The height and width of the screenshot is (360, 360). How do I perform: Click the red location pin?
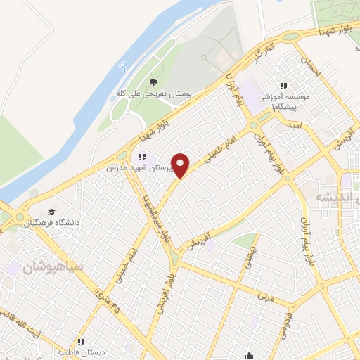[181, 165]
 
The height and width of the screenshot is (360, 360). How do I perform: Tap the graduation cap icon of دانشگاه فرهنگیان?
[51, 212]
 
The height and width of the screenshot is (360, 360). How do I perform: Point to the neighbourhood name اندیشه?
[332, 197]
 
